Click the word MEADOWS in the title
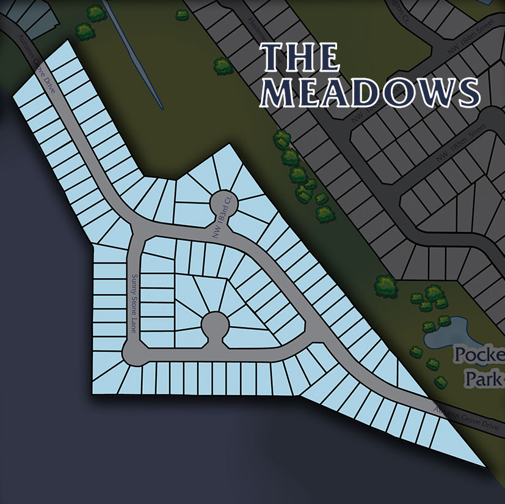369,92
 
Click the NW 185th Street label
460,146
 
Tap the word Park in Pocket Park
484,379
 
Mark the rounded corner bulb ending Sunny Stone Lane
133,353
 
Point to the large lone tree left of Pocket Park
385,284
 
